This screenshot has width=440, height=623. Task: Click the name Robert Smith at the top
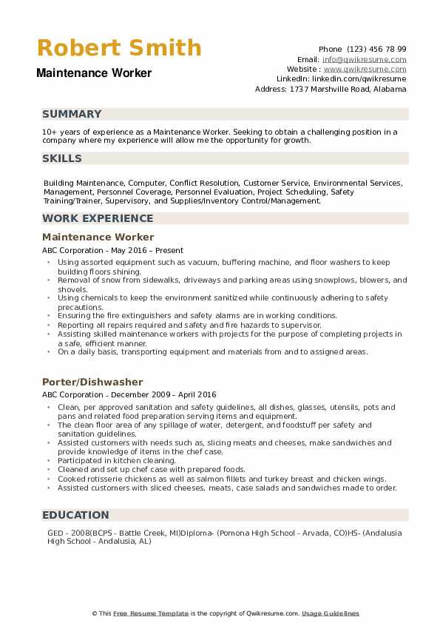click(119, 48)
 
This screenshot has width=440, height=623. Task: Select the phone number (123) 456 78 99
click(376, 49)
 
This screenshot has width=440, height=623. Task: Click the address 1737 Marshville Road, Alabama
click(348, 89)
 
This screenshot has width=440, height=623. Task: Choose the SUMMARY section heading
click(72, 114)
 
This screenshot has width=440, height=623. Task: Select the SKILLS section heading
click(62, 158)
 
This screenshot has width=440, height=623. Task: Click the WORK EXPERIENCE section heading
click(98, 218)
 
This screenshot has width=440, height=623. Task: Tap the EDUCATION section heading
click(75, 514)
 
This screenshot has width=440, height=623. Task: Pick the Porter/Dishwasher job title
click(92, 382)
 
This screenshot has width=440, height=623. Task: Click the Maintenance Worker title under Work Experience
click(98, 237)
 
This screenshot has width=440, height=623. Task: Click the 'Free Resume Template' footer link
click(151, 613)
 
